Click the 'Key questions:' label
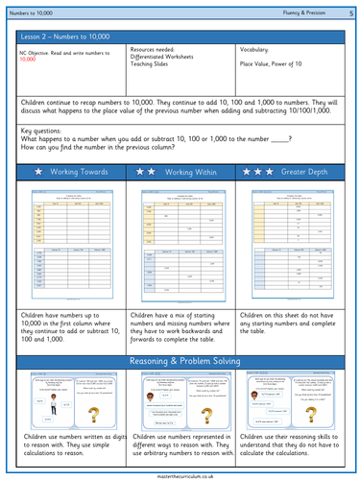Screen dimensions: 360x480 click(x=44, y=128)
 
